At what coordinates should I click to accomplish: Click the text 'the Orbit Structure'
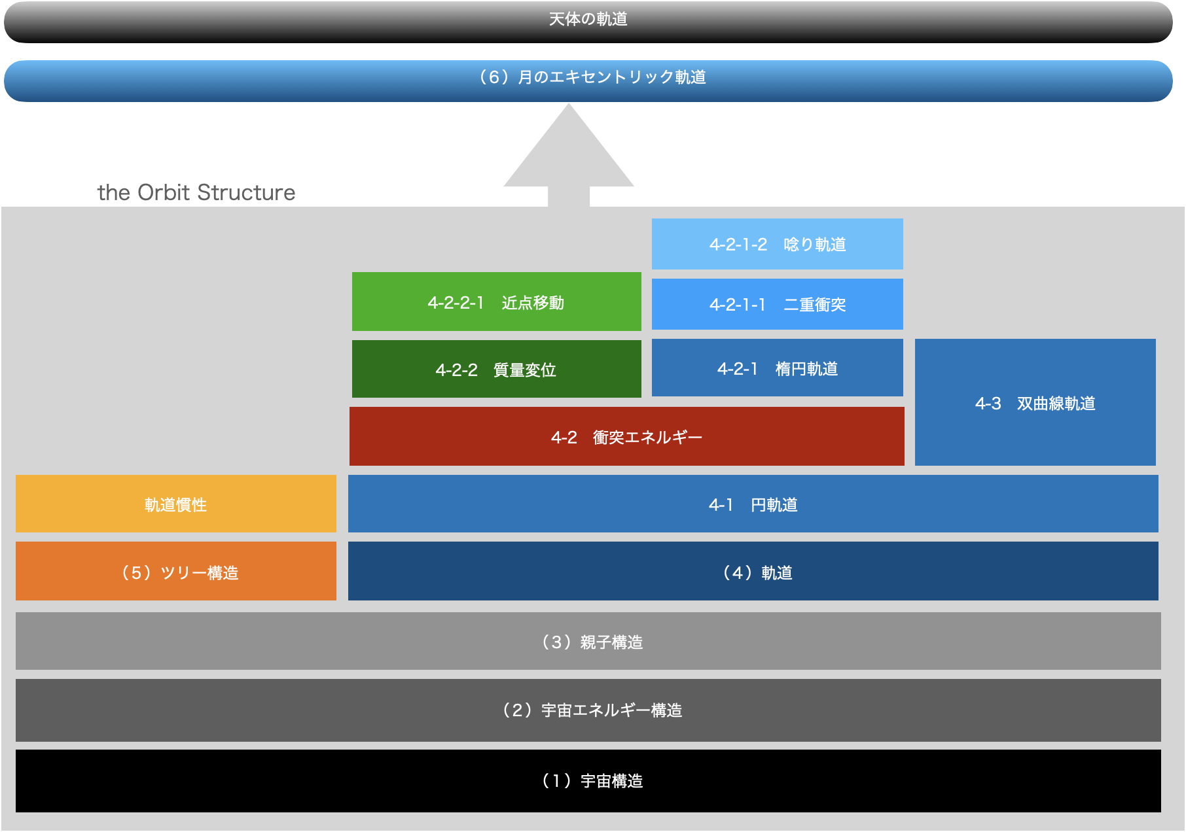point(196,192)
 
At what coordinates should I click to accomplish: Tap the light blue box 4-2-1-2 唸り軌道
point(777,244)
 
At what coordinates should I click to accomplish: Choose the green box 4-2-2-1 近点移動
point(496,302)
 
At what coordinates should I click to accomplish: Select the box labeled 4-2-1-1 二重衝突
point(777,304)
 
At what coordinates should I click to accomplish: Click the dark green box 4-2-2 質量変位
point(496,369)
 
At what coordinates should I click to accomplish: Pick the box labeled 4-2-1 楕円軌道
point(777,368)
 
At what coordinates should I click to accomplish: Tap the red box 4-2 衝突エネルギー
point(626,436)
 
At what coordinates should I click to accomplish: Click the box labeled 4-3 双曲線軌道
point(1035,402)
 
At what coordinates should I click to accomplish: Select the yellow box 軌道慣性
point(175,504)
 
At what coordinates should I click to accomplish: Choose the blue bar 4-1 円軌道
point(753,504)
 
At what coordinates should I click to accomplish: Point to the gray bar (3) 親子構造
point(588,641)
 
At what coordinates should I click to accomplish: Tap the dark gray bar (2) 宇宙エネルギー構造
point(588,710)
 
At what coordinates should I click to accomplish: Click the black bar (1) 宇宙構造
point(588,780)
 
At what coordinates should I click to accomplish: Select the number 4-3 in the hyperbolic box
point(988,404)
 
